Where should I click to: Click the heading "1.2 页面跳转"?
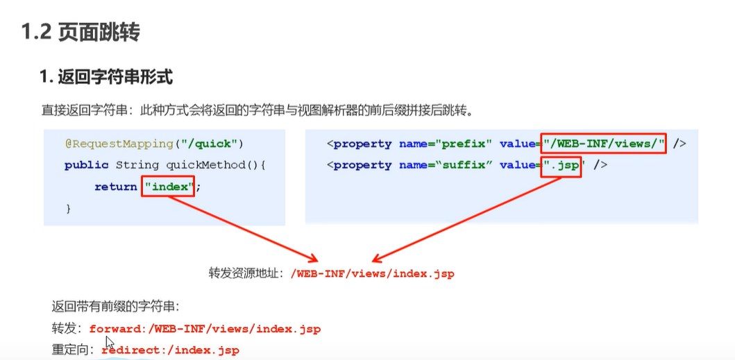[81, 31]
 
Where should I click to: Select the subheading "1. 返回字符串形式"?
[105, 77]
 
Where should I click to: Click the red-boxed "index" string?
[168, 187]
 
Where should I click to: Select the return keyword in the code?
[115, 187]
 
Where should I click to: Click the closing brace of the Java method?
[68, 208]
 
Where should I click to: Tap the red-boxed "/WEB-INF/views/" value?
[604, 144]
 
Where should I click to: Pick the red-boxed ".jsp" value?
[561, 165]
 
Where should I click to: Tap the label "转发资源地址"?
[246, 273]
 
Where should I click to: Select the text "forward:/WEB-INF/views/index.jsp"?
[205, 329]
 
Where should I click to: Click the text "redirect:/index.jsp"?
[171, 350]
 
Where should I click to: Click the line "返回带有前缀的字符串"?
[116, 307]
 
